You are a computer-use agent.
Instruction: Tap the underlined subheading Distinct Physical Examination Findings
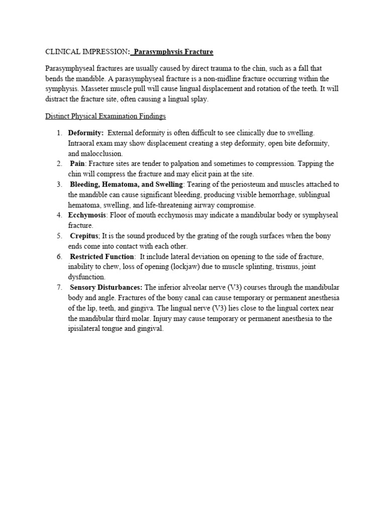tap(106, 116)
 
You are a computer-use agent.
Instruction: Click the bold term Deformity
tap(86, 133)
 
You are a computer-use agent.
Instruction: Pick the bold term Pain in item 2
tap(78, 164)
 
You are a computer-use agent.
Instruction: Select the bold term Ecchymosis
tap(87, 215)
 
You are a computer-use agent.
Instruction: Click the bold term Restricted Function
tap(102, 256)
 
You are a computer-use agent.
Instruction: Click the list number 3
tap(59, 185)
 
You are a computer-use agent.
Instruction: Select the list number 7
tap(59, 288)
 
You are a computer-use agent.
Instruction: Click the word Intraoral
tap(81, 143)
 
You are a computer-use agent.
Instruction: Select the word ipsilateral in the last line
tap(84, 328)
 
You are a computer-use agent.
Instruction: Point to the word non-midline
tap(231, 79)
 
